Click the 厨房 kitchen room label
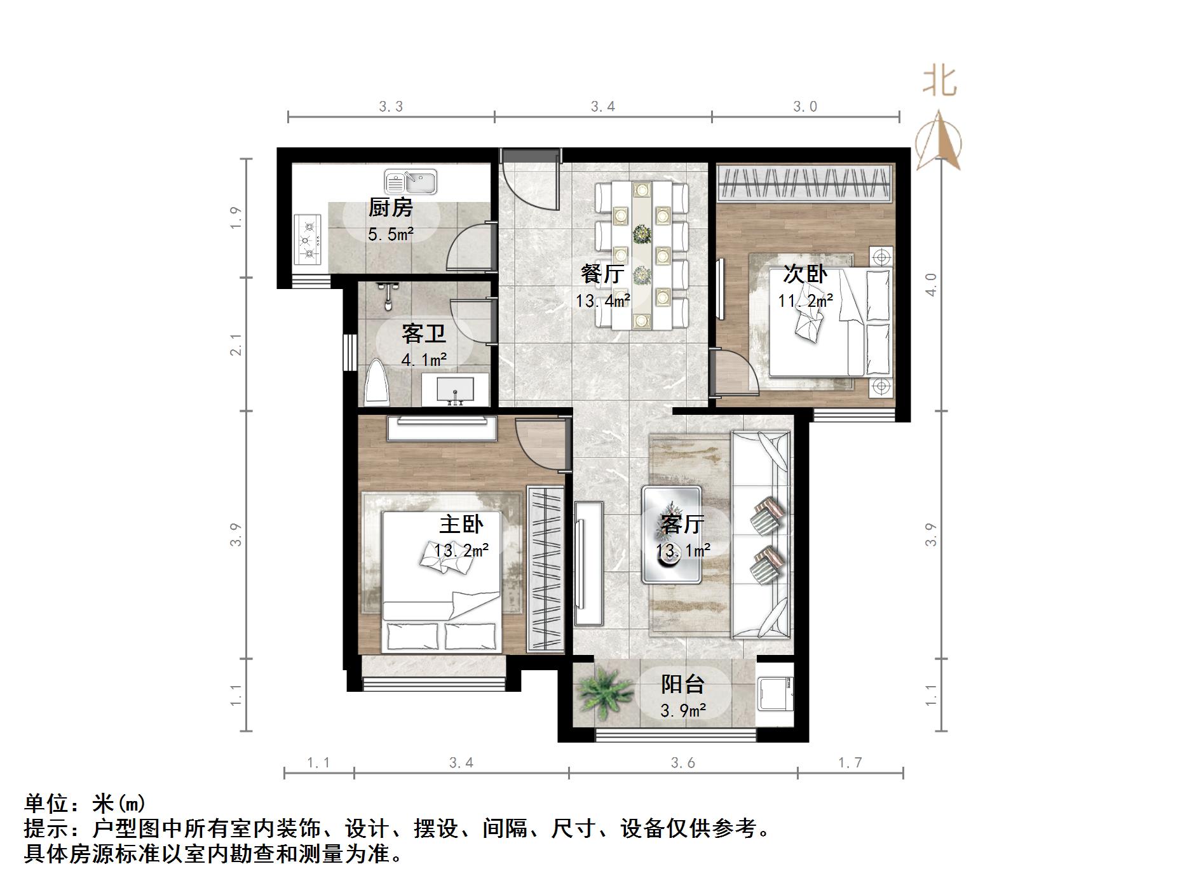click(x=391, y=208)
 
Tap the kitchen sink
click(x=410, y=182)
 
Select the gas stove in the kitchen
click(x=308, y=239)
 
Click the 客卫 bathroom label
click(x=424, y=334)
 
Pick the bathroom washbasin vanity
click(x=455, y=389)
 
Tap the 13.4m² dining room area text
click(x=602, y=300)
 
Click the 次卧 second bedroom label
click(x=804, y=274)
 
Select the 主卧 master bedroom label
click(x=461, y=524)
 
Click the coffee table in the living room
click(x=672, y=534)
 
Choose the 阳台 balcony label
click(x=683, y=684)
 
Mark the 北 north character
click(x=940, y=82)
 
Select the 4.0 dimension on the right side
click(x=931, y=285)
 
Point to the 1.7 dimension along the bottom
click(x=850, y=762)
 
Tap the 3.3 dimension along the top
click(x=391, y=107)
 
